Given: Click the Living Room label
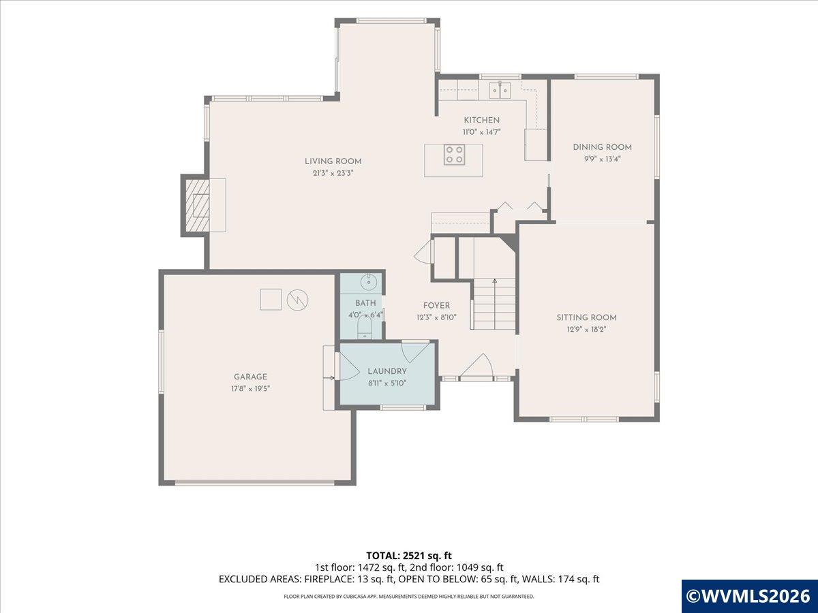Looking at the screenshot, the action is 333,161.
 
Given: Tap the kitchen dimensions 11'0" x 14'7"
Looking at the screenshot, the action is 481,132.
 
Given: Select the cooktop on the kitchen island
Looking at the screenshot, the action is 454,155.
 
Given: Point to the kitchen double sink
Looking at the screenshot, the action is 500,90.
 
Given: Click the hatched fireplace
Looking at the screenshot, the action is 198,205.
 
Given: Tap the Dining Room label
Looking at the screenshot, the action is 602,147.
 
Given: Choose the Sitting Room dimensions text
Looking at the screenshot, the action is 587,330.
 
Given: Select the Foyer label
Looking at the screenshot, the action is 436,306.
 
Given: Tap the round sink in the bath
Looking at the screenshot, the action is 369,283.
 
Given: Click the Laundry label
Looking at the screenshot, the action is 387,371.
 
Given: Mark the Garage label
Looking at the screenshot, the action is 250,377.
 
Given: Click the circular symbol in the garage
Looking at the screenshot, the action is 297,300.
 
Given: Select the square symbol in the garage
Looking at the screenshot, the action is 271,299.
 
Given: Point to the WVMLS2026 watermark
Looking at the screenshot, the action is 749,596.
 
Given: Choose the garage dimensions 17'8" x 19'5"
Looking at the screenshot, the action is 250,388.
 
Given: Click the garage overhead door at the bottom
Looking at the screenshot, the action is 254,483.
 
